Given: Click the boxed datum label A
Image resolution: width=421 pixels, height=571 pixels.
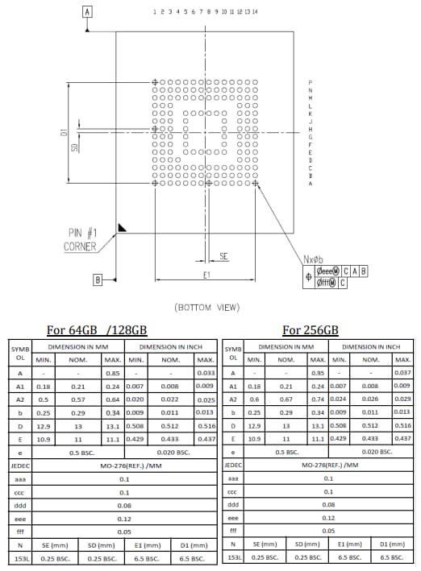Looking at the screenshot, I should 87,11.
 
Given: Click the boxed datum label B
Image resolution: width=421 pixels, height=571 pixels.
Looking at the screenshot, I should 98,279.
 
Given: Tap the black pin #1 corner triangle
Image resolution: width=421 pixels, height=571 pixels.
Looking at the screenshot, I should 121,229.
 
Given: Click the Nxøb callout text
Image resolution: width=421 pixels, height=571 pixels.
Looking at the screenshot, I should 314,259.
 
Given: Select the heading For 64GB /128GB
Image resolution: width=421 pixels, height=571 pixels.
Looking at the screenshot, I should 97,329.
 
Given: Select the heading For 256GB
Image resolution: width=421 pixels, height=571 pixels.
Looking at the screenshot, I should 311,329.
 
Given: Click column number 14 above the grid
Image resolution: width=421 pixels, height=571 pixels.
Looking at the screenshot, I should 255,12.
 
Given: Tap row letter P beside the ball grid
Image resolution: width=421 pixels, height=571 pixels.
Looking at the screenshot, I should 311,83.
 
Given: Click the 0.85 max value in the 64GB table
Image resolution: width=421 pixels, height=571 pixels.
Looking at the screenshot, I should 114,373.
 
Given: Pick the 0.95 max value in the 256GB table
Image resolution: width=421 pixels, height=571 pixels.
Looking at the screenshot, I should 318,373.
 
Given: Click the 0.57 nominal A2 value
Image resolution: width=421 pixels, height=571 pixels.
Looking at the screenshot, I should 78,399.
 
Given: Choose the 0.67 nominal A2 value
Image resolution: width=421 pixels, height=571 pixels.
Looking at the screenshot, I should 286,399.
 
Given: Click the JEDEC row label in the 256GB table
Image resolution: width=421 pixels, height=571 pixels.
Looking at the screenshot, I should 233,465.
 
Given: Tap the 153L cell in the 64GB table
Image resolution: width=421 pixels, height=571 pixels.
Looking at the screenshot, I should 19,557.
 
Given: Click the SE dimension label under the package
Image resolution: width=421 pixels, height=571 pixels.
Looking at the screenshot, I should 223,255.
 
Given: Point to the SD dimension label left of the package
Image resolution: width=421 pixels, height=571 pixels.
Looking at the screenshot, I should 74,148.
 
